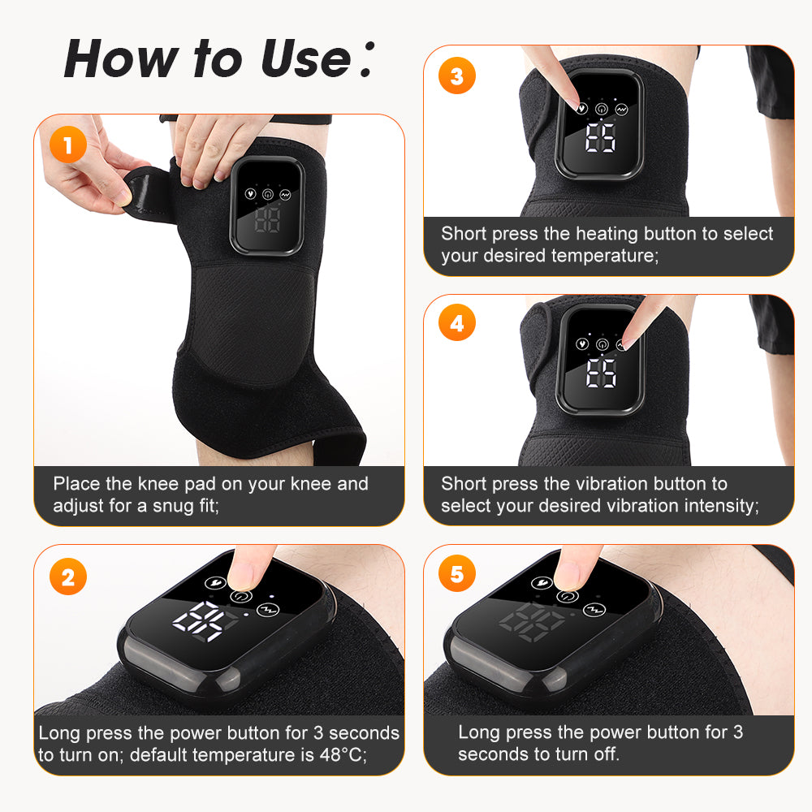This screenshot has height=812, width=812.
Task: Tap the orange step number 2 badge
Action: pyautogui.click(x=67, y=578)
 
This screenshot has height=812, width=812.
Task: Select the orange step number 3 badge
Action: pyautogui.click(x=456, y=76)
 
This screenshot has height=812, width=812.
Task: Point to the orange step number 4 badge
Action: pyautogui.click(x=456, y=324)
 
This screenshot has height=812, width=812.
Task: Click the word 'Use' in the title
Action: pyautogui.click(x=304, y=58)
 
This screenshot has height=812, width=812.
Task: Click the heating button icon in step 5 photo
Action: pyautogui.click(x=542, y=582)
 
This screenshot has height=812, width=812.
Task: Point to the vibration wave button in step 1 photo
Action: pyautogui.click(x=286, y=195)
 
